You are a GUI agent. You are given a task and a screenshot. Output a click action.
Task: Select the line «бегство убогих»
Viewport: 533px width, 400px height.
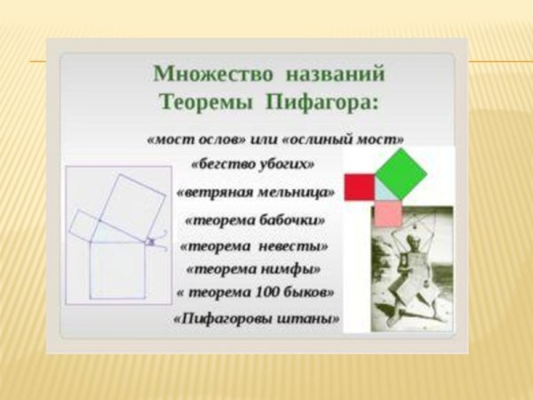[x=253, y=164]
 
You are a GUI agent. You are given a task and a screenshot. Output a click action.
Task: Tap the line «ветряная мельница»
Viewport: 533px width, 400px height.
[x=256, y=192]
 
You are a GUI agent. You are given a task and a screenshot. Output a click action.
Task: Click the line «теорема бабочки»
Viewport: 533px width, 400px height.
[x=255, y=220]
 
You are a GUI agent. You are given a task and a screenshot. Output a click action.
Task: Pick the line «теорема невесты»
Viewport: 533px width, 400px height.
[x=255, y=246]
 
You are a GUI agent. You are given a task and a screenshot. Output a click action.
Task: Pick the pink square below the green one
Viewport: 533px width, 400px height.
[x=388, y=213]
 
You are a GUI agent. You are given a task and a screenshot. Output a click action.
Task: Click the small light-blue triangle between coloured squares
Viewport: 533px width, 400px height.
[x=383, y=190]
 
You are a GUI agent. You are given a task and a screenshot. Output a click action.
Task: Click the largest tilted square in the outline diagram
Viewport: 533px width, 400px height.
[x=132, y=201]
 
